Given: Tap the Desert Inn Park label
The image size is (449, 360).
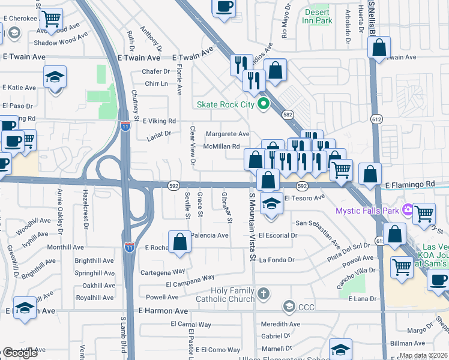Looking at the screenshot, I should (318, 16).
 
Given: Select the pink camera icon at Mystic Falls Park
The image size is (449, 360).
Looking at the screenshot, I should (408, 210).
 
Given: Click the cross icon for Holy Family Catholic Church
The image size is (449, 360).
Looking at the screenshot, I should (263, 293).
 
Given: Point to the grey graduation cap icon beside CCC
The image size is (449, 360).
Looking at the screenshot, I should (289, 307).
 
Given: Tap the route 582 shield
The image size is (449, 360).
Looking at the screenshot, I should (289, 114).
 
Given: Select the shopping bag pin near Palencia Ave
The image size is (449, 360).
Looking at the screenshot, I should (180, 242).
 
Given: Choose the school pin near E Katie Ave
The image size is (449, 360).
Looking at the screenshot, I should (55, 77).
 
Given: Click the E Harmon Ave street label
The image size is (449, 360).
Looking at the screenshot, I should (163, 311).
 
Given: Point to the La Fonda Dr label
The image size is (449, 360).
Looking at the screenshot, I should (277, 260).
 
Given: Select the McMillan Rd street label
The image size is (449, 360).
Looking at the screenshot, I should (221, 146).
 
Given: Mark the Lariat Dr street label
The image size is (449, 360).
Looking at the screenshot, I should (159, 134).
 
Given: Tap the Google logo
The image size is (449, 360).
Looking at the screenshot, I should (20, 353).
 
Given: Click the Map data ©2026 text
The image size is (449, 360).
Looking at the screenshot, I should (423, 355).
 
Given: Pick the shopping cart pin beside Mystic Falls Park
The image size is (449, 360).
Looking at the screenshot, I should (424, 213).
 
